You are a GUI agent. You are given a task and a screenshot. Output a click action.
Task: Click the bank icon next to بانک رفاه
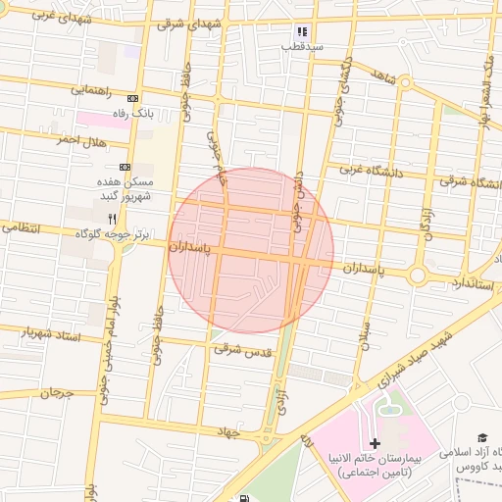(133, 98)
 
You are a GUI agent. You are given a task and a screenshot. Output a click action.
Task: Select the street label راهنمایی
(96, 90)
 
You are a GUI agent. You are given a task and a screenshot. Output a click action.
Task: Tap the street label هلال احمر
(79, 141)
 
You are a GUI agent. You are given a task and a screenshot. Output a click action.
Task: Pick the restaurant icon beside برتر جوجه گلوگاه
(113, 218)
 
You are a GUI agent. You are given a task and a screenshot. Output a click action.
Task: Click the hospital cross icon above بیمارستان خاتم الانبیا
(375, 443)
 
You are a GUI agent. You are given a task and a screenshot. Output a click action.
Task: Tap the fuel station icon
(243, 497)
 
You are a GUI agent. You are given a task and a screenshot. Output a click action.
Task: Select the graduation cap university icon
(481, 437)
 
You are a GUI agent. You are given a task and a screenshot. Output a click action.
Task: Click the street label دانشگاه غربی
(372, 169)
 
